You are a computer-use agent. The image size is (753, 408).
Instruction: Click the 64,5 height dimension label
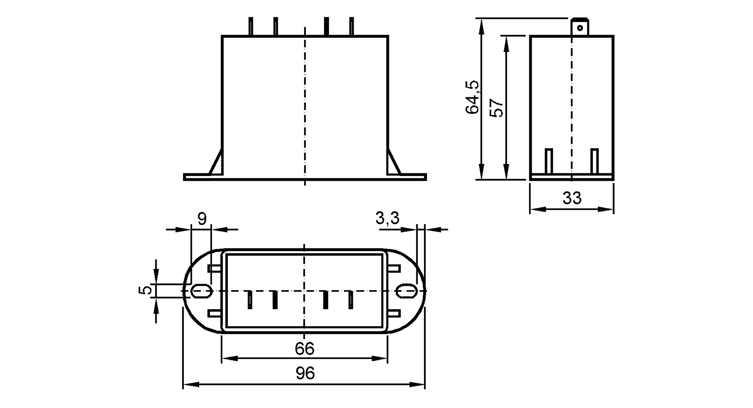point(472,97)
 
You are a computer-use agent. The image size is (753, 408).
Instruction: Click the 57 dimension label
point(497,108)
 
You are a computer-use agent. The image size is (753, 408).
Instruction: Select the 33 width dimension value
point(572,198)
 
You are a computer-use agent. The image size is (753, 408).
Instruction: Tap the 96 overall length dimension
point(305,373)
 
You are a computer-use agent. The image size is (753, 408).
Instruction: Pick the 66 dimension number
point(304,349)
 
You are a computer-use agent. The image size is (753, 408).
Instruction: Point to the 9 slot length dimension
point(202,219)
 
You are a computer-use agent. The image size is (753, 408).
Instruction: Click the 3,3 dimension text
point(387,218)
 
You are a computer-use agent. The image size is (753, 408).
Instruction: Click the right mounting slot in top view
point(407,291)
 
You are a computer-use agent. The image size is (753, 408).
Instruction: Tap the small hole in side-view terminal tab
point(580,28)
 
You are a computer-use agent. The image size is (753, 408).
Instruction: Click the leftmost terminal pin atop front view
point(251,27)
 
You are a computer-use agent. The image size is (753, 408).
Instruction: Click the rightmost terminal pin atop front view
point(351,27)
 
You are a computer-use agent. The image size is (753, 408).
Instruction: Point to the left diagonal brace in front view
point(216,163)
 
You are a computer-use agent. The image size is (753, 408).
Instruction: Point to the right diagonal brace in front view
point(394,163)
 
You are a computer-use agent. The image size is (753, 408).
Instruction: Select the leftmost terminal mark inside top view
point(250,300)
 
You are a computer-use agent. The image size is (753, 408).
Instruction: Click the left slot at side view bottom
point(549,161)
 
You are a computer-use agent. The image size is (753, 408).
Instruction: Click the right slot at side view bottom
point(594,161)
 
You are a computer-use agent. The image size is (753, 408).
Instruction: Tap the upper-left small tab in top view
point(215,268)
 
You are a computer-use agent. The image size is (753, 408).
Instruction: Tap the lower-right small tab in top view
point(394,313)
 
